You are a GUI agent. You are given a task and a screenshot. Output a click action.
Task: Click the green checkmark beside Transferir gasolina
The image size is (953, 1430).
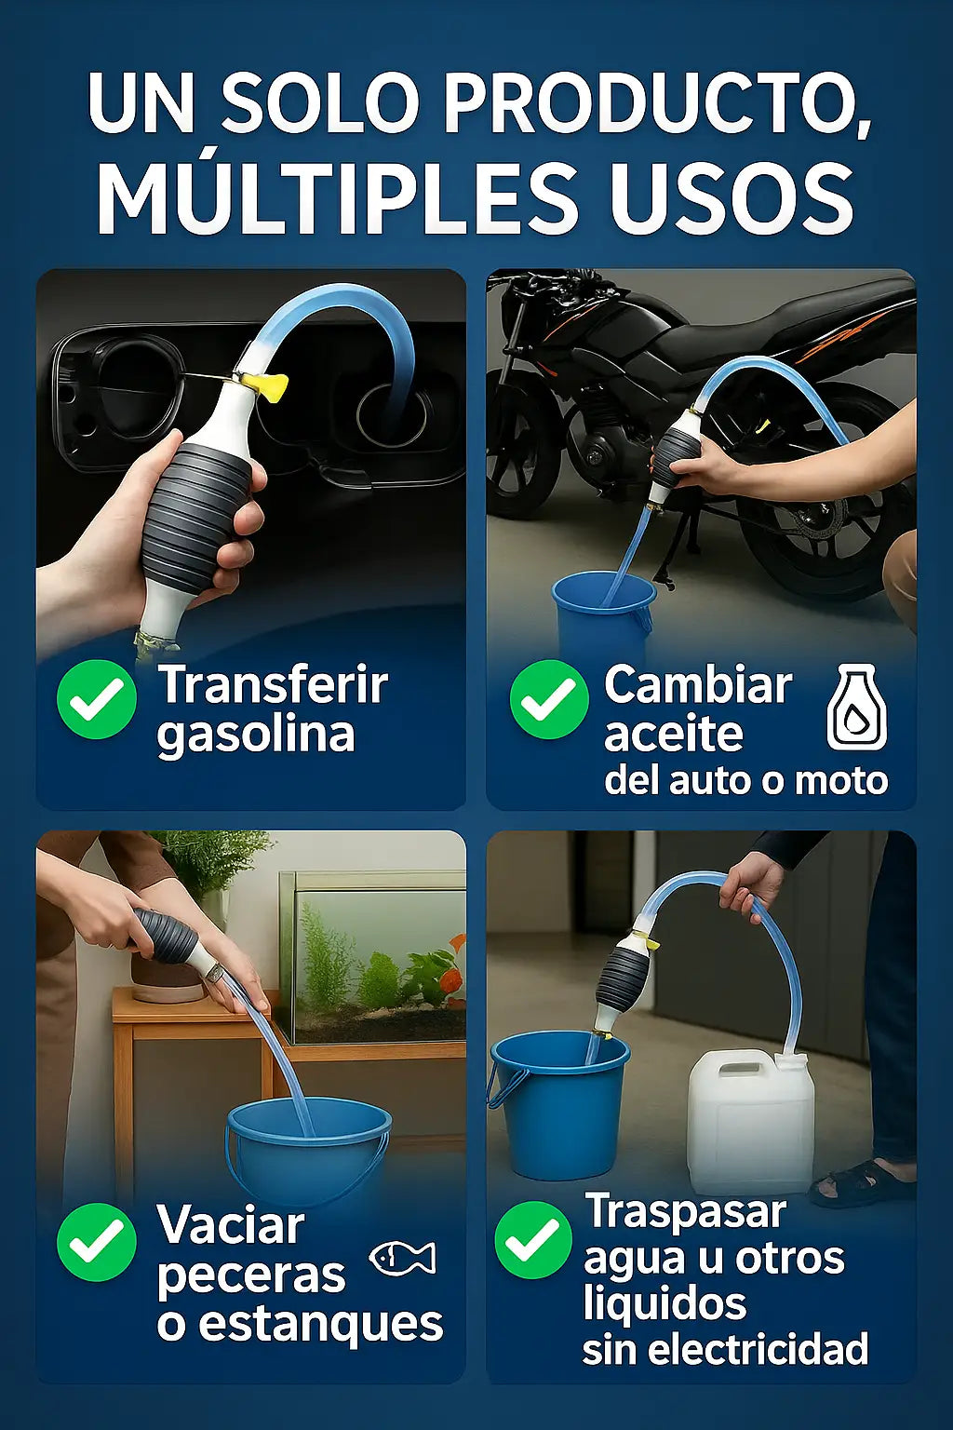pyautogui.click(x=97, y=699)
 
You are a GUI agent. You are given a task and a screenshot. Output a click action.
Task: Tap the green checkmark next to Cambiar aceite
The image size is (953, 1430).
pyautogui.click(x=549, y=699)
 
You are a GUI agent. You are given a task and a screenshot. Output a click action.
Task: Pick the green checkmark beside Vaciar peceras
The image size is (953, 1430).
pyautogui.click(x=97, y=1242)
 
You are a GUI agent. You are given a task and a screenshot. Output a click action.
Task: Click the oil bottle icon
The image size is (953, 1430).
pyautogui.click(x=856, y=707)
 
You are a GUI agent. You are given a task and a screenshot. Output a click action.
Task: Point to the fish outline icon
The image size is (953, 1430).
pyautogui.click(x=402, y=1259)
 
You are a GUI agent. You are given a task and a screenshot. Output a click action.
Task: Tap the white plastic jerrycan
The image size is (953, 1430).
pyautogui.click(x=751, y=1120)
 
